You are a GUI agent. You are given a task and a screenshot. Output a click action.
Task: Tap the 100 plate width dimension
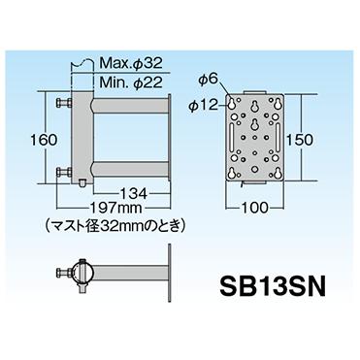254,207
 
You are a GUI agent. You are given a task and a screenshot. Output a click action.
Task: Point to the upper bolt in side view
65,102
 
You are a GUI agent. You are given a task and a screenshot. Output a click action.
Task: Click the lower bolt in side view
65,175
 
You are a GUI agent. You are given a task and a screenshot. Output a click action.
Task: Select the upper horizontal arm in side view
126,102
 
